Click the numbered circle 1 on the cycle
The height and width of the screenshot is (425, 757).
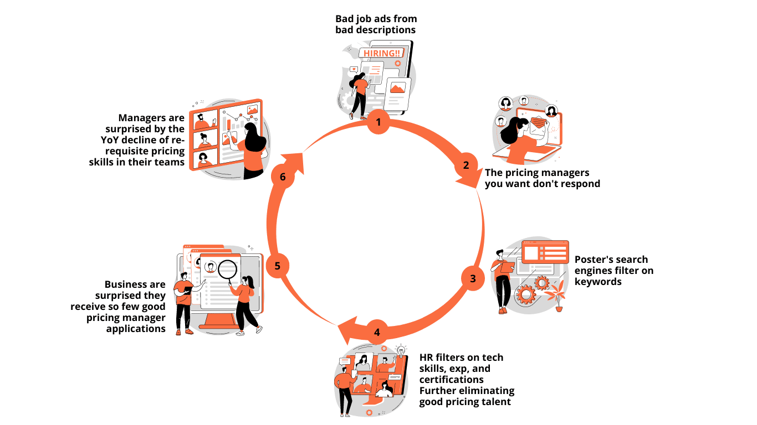click(378, 122)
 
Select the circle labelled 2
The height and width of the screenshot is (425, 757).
click(466, 165)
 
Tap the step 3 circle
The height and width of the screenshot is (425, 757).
click(473, 278)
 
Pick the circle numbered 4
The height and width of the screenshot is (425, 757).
click(377, 333)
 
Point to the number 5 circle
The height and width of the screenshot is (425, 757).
click(278, 266)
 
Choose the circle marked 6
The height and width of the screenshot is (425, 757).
click(283, 177)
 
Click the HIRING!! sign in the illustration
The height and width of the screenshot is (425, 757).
click(381, 53)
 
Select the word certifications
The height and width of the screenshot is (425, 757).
click(452, 380)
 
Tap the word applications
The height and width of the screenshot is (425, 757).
click(136, 329)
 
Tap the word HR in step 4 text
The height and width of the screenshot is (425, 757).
click(427, 357)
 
